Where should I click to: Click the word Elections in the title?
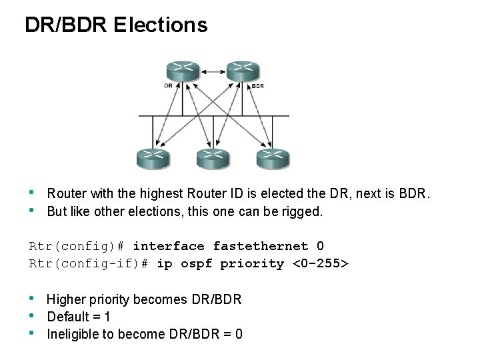point(161,25)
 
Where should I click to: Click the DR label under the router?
point(168,85)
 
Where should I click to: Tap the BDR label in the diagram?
point(257,86)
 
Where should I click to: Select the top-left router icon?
point(183,71)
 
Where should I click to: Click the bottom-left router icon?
point(153,159)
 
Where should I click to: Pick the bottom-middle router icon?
point(213,159)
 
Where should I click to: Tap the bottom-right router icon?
point(273,159)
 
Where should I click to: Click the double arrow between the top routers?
point(213,70)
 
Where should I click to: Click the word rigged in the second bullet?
point(305,212)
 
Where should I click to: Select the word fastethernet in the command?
point(261,246)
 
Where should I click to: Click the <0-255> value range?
point(321,263)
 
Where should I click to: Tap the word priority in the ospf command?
point(252,263)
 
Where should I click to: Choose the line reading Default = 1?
point(79,317)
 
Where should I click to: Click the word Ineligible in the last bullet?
point(73,334)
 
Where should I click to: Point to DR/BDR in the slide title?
point(66,25)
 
